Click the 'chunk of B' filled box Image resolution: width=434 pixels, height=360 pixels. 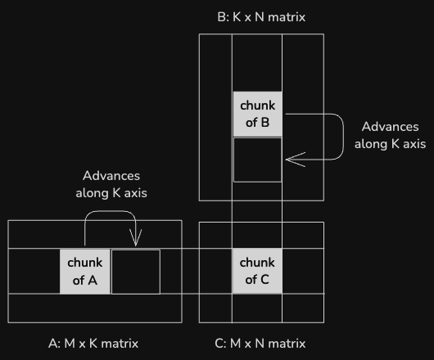click(257, 114)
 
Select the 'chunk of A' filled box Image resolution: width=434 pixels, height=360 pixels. click(85, 272)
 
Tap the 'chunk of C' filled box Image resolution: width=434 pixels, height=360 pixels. click(257, 271)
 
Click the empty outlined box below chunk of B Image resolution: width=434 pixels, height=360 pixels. click(258, 160)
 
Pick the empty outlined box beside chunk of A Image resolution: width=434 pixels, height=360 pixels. click(136, 272)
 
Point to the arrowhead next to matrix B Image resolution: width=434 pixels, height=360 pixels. click(296, 160)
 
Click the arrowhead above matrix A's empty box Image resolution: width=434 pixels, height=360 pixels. click(136, 237)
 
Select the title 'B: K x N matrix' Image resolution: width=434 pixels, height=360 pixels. click(261, 17)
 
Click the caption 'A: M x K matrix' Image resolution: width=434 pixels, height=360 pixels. click(93, 344)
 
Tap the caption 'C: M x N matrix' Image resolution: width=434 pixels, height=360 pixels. click(260, 344)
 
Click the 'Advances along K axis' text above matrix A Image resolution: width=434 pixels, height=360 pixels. click(111, 184)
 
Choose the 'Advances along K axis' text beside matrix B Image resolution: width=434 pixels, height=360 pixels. click(391, 135)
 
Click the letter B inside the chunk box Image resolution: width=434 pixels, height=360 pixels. click(265, 123)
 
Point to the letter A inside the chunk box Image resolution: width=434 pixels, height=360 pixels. click(93, 281)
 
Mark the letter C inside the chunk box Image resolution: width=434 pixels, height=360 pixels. click(264, 280)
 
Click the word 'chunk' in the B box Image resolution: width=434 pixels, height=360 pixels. click(258, 106)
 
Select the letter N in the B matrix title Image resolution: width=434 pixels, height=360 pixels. click(260, 17)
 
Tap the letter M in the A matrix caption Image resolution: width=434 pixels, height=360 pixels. click(70, 344)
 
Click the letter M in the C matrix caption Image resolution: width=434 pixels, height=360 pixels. click(235, 344)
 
